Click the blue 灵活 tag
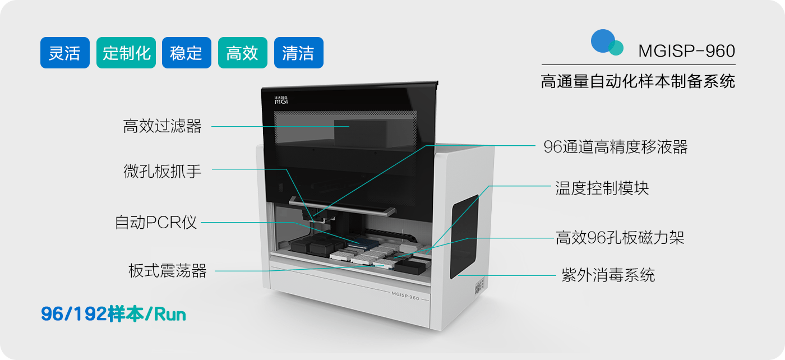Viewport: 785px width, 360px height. (65, 53)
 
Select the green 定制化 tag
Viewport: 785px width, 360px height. (126, 53)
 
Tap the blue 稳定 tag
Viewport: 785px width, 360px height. (186, 53)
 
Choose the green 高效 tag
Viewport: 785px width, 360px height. (242, 53)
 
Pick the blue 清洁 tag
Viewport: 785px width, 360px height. (298, 53)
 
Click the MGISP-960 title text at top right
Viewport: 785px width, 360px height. (686, 51)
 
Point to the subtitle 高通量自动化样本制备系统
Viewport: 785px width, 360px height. (638, 82)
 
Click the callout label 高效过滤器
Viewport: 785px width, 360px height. (162, 126)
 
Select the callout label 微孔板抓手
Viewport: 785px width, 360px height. (162, 172)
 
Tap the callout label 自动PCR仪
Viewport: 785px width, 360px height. (156, 223)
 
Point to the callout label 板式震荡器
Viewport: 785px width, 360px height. (168, 271)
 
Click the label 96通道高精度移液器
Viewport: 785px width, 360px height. (616, 147)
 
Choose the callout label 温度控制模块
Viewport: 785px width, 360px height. (602, 188)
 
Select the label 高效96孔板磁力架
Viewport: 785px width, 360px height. (620, 238)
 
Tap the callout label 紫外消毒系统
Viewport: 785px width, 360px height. (608, 275)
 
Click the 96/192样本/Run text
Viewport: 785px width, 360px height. (113, 314)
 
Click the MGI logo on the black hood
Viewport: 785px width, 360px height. (281, 100)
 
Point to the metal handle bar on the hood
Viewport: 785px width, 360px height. (343, 207)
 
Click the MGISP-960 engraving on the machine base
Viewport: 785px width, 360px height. (405, 296)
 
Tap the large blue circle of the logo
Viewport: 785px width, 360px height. (603, 41)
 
